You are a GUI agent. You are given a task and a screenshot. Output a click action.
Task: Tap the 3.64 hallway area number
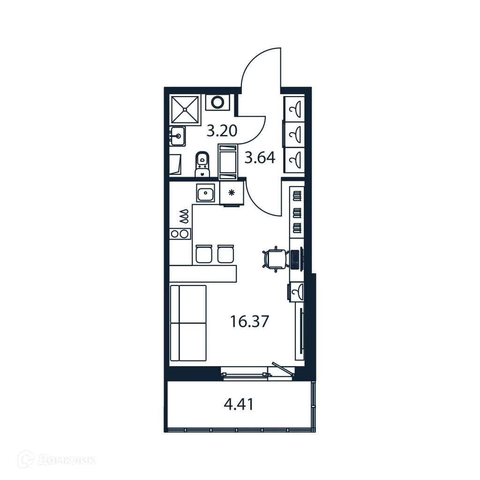260,158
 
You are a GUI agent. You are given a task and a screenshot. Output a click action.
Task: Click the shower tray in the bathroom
185,109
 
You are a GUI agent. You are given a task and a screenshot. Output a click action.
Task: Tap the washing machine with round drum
217,102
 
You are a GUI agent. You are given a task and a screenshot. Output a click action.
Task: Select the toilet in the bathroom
202,164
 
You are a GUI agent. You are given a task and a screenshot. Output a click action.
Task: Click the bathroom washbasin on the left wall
178,137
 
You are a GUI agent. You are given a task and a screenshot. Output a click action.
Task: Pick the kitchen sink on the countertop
205,194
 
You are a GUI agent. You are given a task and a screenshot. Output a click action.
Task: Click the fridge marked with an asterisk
231,193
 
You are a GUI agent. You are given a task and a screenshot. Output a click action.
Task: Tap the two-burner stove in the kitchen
180,233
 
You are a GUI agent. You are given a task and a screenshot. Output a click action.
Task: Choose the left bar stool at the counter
203,254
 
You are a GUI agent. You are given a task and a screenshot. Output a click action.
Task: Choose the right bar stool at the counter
225,254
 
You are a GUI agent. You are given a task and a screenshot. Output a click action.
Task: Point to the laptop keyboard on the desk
296,259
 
